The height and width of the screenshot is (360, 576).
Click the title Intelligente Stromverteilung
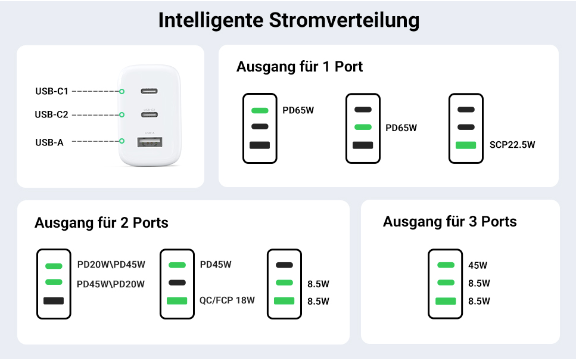[288, 20]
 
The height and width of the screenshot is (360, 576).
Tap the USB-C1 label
[52, 91]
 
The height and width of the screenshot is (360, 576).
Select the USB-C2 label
[52, 114]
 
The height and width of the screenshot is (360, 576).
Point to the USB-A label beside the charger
[49, 142]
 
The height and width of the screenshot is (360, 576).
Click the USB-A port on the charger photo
[149, 142]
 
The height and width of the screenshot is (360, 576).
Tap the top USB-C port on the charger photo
[149, 91]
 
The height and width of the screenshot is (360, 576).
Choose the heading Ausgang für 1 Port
[300, 67]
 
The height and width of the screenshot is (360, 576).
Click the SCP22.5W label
[512, 145]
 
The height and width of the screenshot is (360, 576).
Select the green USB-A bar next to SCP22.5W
[465, 145]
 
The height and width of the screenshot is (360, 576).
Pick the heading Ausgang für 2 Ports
[101, 223]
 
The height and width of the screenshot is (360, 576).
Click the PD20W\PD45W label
[111, 265]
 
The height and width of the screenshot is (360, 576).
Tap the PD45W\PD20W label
[111, 284]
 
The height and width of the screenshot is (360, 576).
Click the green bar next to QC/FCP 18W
[178, 301]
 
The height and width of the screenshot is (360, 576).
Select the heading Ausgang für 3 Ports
[450, 222]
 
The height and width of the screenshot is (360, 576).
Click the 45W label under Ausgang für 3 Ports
[478, 265]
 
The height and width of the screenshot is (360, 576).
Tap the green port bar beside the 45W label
[446, 265]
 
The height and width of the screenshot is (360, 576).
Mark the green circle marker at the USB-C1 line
[122, 91]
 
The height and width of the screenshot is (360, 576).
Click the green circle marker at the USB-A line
[122, 141]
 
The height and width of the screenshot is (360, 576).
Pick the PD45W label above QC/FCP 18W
[216, 265]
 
